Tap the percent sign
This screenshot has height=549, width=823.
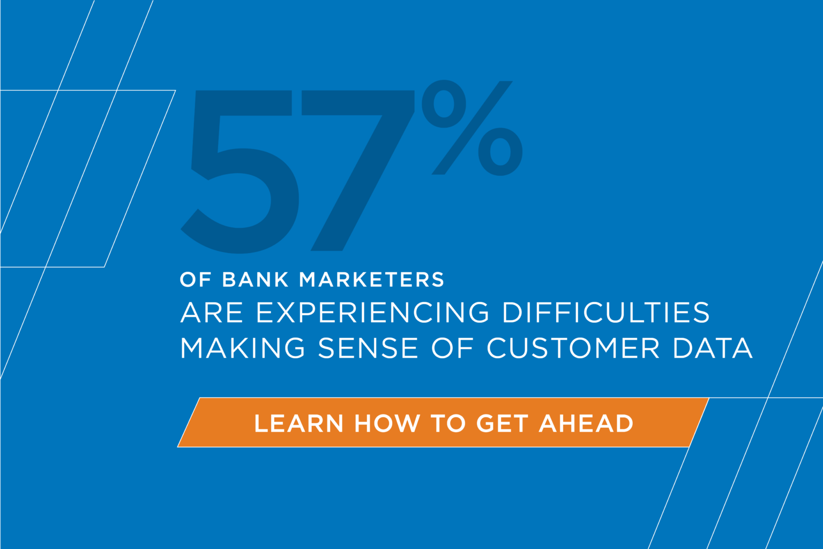(x=472, y=129)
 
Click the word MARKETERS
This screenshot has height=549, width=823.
(x=372, y=280)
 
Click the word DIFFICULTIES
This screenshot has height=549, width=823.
(x=606, y=313)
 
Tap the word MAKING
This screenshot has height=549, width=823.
(x=243, y=348)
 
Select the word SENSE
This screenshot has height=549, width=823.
(x=368, y=348)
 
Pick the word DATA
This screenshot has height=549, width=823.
(x=713, y=348)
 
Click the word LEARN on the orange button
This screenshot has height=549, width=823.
(x=298, y=424)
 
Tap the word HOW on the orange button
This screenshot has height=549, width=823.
(x=387, y=424)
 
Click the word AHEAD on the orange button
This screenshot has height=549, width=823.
(x=586, y=424)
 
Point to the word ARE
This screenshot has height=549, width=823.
(x=212, y=313)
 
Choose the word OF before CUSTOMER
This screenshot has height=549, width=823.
(x=453, y=348)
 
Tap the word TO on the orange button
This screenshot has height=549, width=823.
(x=448, y=424)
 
